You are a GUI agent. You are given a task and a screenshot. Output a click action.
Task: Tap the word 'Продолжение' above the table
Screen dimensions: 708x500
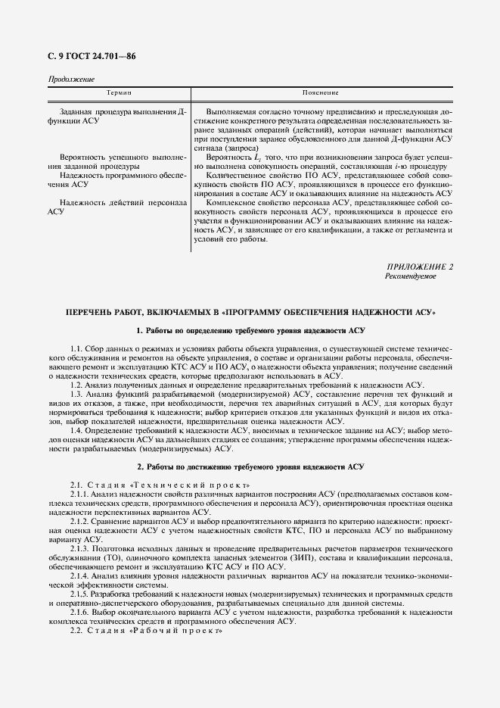click(x=71, y=80)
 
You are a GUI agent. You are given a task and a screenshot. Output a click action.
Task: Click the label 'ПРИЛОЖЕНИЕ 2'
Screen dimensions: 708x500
click(x=420, y=267)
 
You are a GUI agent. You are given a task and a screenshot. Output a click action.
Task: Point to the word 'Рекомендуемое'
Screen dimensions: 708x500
click(x=411, y=276)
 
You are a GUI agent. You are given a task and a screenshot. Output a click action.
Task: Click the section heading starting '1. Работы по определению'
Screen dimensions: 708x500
click(x=250, y=331)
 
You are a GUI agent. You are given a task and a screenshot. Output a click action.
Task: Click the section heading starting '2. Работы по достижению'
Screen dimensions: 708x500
click(x=250, y=466)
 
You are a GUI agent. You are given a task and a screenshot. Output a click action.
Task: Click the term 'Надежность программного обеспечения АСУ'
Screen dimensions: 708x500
click(x=113, y=179)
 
